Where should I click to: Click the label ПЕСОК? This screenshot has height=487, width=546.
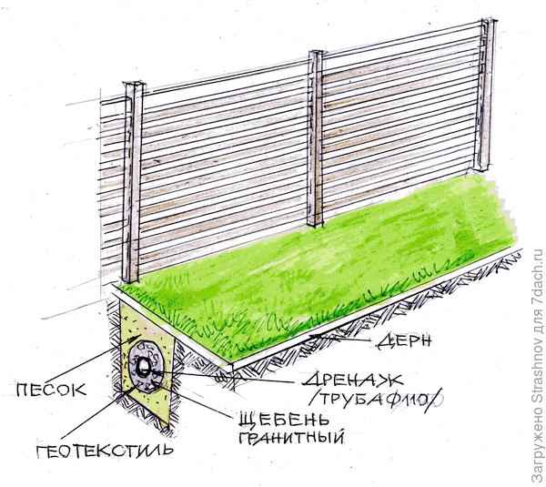tap(51, 390)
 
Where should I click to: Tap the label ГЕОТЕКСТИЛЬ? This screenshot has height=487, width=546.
tap(105, 451)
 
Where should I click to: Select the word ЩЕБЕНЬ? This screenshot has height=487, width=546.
tap(283, 419)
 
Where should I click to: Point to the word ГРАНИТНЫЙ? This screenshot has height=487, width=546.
tap(291, 437)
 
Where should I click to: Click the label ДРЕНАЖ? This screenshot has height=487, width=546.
tap(352, 380)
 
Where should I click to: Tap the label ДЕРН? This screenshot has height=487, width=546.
tap(404, 341)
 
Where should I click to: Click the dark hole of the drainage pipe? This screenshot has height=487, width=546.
tap(143, 367)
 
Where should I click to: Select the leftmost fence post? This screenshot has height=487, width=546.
tap(133, 182)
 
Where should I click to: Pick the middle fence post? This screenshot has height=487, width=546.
tap(316, 138)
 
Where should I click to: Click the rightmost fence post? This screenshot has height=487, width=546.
tap(485, 95)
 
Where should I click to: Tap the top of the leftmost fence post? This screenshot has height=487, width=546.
tap(134, 85)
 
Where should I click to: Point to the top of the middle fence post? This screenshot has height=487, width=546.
tap(316, 53)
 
